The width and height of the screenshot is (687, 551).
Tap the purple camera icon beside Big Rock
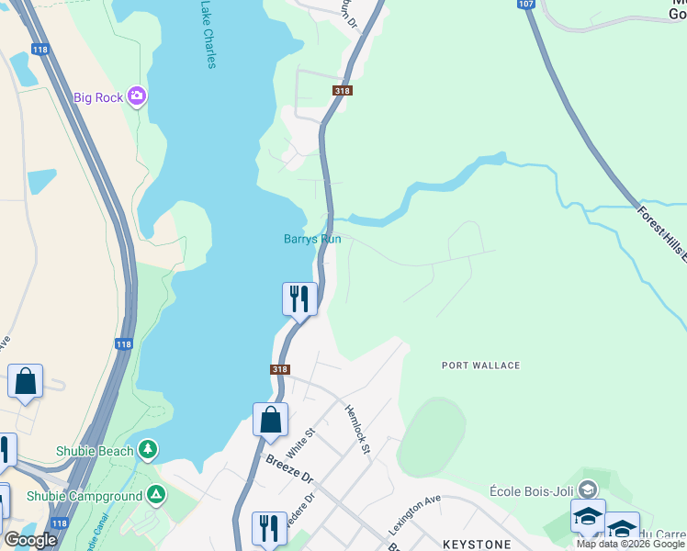(x=137, y=96)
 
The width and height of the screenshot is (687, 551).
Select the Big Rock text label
(x=98, y=97)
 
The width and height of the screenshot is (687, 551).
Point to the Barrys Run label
(x=311, y=240)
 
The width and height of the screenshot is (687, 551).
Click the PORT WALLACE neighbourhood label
(x=480, y=365)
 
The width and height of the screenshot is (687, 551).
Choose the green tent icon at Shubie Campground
(x=157, y=496)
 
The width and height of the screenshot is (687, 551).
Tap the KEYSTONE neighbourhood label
(x=477, y=545)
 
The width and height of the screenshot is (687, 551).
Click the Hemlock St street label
(x=356, y=430)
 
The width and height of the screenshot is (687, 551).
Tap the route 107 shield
(x=525, y=5)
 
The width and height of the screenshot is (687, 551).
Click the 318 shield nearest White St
(x=281, y=369)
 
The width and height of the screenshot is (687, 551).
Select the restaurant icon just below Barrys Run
(x=299, y=298)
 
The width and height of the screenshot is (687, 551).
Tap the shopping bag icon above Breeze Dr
(x=270, y=420)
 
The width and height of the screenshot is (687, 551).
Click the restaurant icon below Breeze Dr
(x=269, y=528)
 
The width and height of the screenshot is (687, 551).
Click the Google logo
(x=30, y=539)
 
